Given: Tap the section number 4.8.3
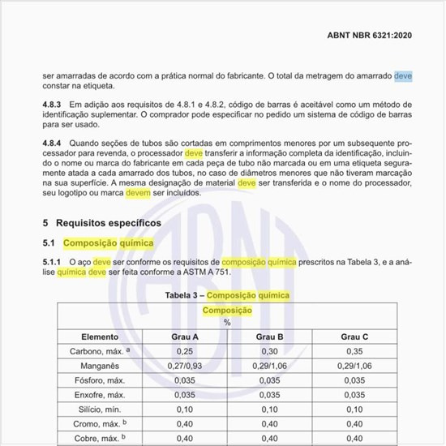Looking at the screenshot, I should tap(55, 105).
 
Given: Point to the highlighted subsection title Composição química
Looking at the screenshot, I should tap(108, 242).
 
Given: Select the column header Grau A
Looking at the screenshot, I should tap(184, 336).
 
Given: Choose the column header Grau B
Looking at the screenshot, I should tap(269, 336).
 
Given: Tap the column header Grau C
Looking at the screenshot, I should tap(354, 336).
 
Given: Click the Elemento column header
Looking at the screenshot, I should tap(100, 336).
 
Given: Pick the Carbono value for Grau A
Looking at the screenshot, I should tap(184, 351).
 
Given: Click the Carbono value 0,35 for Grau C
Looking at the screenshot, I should tap(354, 351).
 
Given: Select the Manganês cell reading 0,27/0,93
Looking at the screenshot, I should tap(184, 366).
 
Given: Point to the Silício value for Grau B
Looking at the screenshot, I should tap(269, 410).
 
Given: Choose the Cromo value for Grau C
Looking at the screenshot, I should tap(354, 424).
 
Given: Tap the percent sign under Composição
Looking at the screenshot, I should tap(227, 322).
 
